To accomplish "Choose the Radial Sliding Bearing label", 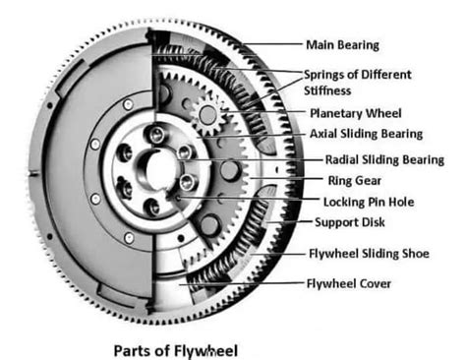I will [x=382, y=159].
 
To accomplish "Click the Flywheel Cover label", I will [x=347, y=285].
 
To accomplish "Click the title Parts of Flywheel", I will [x=174, y=348].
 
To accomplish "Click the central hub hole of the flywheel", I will [x=151, y=162].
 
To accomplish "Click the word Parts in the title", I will [x=133, y=348].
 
